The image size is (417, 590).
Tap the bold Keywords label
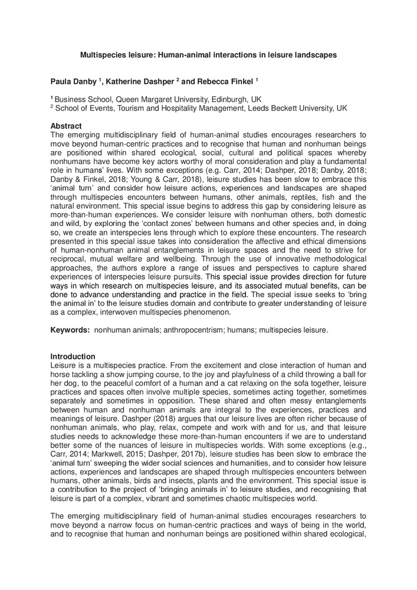tap(69, 332)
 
